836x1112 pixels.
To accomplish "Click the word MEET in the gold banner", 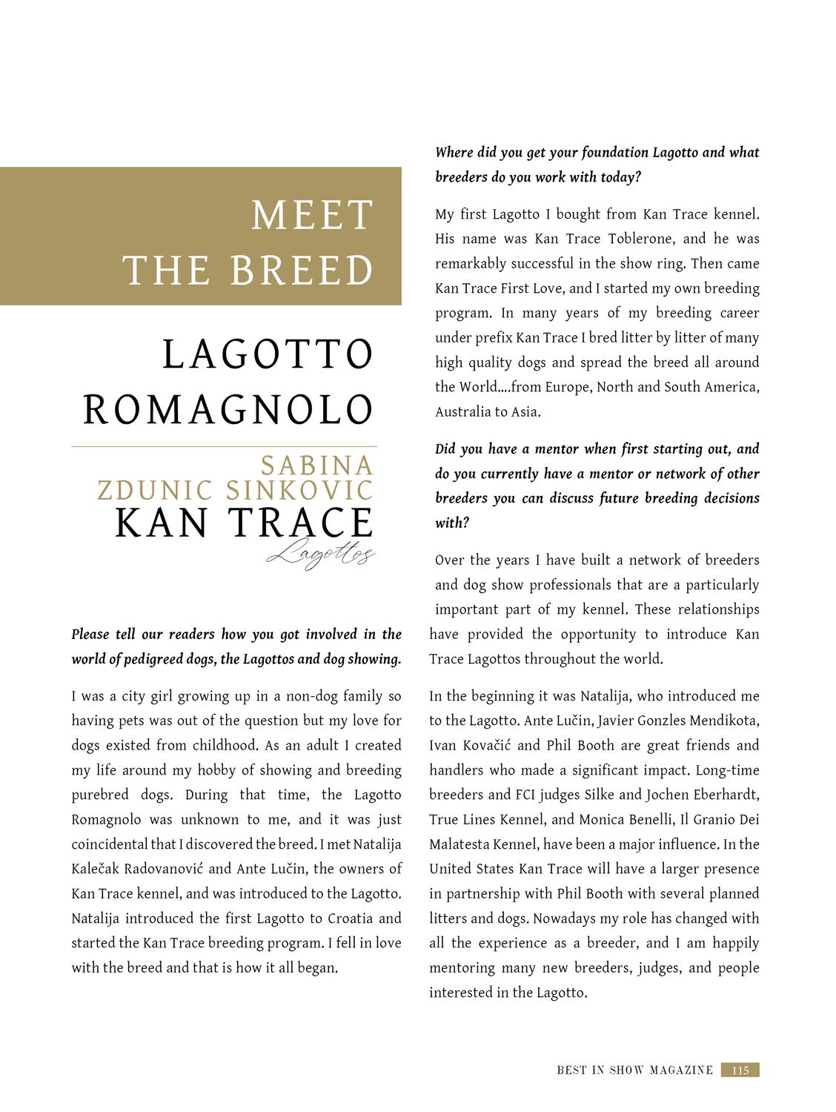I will click(x=311, y=216).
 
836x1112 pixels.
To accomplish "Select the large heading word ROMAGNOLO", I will click(x=228, y=410).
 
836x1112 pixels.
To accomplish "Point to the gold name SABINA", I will click(x=316, y=466).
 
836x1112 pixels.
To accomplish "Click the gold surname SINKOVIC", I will click(x=299, y=491).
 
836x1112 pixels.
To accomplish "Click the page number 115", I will click(x=740, y=1070).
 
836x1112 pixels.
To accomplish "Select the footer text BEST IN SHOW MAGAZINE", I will click(x=634, y=1070).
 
